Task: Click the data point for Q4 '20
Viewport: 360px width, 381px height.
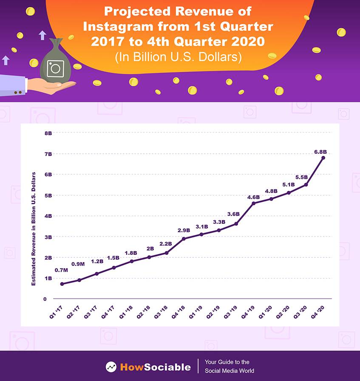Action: click(x=323, y=158)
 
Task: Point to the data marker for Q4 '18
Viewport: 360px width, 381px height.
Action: click(x=184, y=239)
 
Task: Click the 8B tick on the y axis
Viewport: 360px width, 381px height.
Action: click(x=48, y=133)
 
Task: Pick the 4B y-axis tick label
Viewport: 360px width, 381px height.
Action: click(x=48, y=216)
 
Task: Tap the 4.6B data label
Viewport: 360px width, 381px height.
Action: click(x=254, y=197)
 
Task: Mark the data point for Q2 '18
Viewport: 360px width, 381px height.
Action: click(x=149, y=257)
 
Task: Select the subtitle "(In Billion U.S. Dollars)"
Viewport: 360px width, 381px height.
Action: click(x=178, y=57)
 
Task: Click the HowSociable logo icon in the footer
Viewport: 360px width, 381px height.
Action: click(x=111, y=367)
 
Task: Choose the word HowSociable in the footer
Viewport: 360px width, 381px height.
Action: click(x=155, y=367)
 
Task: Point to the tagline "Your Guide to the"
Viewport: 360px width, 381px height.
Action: click(x=227, y=362)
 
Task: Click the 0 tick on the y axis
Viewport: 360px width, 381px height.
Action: click(x=45, y=299)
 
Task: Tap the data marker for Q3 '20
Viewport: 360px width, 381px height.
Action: click(x=306, y=184)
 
